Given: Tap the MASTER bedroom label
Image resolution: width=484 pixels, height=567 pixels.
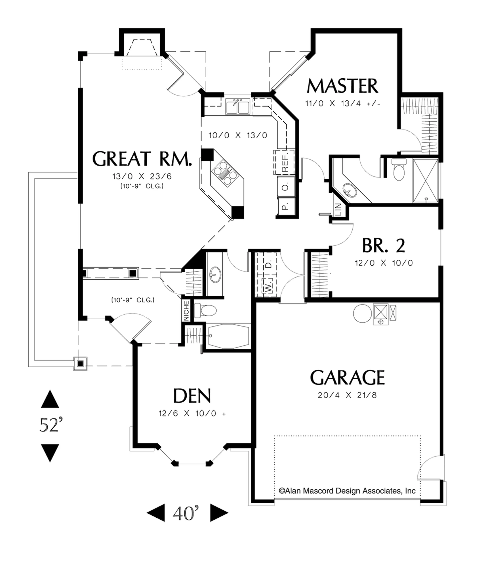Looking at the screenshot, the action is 342,86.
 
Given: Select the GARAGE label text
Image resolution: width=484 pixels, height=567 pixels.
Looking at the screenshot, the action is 347,377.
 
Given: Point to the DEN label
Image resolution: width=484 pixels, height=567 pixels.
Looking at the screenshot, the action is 192,396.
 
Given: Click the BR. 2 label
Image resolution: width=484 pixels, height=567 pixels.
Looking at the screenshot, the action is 384,246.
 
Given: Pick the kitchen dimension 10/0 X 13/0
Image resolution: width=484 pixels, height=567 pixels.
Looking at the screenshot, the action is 238,136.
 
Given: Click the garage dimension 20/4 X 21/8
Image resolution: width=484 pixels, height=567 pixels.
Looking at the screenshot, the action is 347,395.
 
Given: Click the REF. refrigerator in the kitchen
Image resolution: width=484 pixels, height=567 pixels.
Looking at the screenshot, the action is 285,162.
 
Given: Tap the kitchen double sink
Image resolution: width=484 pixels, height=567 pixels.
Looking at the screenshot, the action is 237,106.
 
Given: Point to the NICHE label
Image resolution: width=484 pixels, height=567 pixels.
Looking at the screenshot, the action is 186,311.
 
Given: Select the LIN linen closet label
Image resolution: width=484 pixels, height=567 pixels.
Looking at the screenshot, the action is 338,210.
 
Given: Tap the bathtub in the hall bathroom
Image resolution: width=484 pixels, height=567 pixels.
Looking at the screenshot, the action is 229,337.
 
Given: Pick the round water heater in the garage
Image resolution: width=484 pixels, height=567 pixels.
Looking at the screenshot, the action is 362,313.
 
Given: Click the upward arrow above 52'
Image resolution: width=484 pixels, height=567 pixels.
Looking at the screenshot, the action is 50,399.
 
